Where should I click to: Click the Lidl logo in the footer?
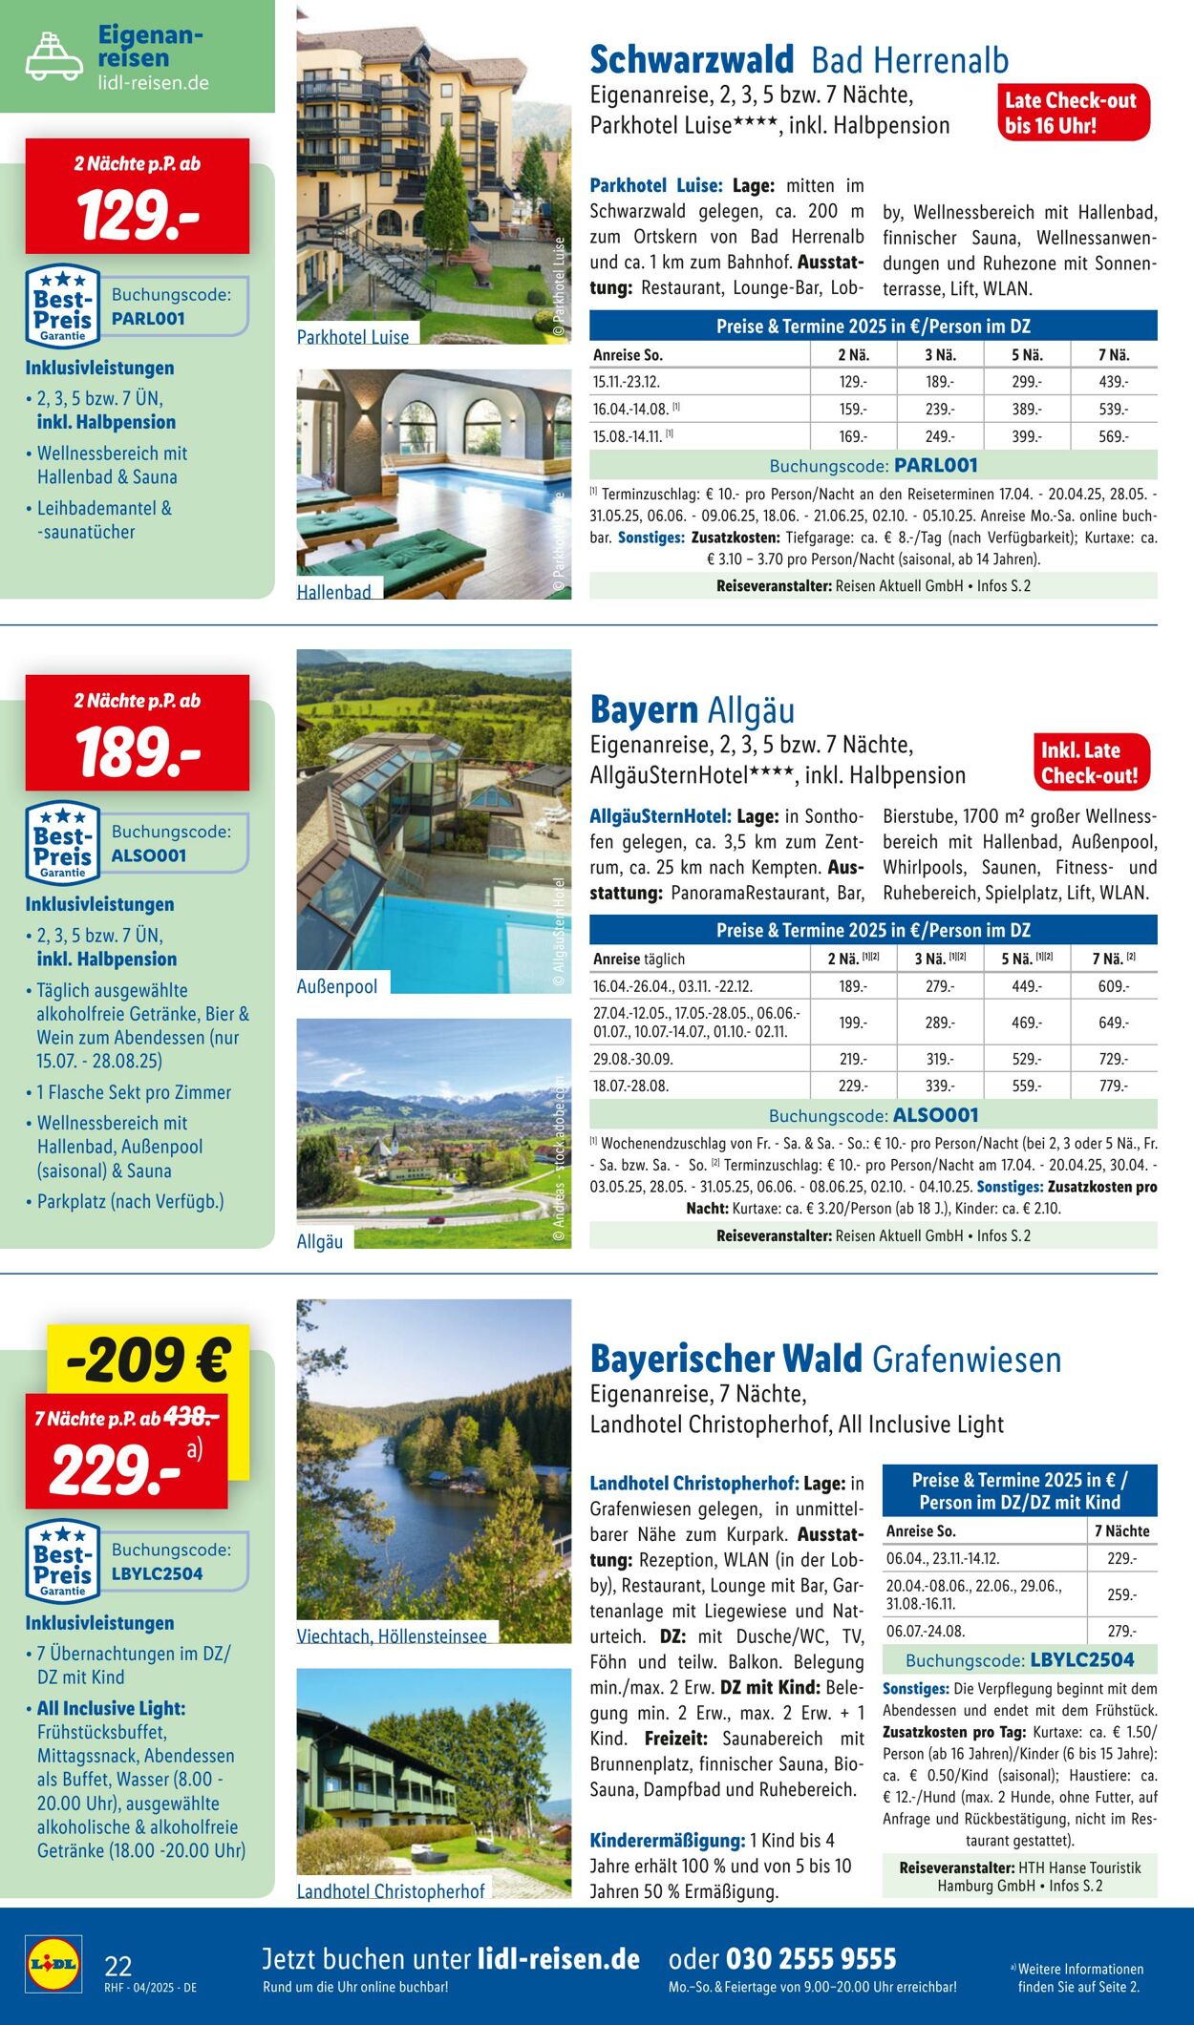click(x=53, y=1963)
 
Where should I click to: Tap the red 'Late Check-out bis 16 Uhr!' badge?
click(x=1071, y=113)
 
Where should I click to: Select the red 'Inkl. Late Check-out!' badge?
click(x=1090, y=763)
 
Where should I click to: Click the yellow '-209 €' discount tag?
click(x=148, y=1361)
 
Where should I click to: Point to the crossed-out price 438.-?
click(x=191, y=1418)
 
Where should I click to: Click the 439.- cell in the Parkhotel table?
click(x=1113, y=382)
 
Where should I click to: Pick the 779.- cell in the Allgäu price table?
click(x=1113, y=1086)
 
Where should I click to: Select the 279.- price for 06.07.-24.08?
click(x=1121, y=1631)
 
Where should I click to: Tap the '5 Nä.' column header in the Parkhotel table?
click(x=1027, y=355)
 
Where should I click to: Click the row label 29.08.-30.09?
click(x=633, y=1059)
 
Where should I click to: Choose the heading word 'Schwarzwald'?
click(x=692, y=60)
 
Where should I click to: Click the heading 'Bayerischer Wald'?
click(x=726, y=1359)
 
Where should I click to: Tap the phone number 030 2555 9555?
click(x=811, y=1958)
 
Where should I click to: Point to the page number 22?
click(x=118, y=1966)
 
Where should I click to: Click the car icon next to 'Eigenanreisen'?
click(x=53, y=56)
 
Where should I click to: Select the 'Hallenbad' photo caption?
click(x=334, y=592)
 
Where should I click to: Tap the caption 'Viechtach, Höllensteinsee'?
click(x=392, y=1635)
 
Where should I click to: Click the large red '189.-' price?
click(x=138, y=751)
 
